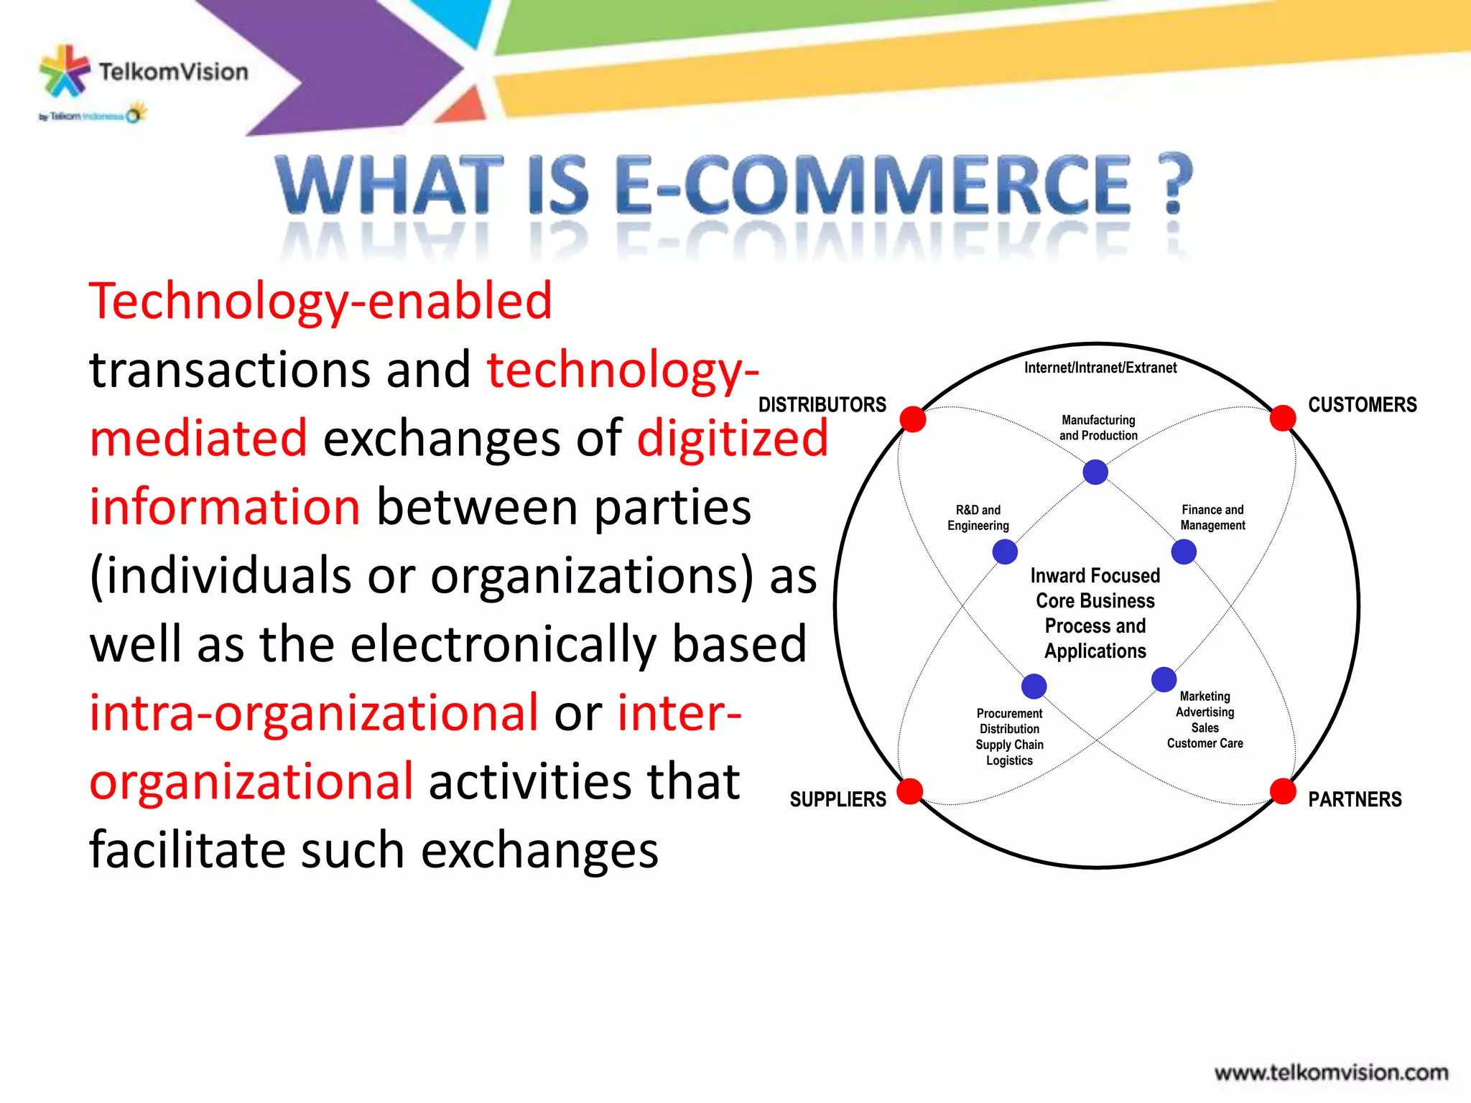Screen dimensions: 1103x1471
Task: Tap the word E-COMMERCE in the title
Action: pyautogui.click(x=873, y=185)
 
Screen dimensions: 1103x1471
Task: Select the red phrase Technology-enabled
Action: pyautogui.click(x=320, y=301)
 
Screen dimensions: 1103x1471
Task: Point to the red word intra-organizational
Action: pyautogui.click(x=314, y=712)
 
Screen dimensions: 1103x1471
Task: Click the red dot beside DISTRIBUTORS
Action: pyautogui.click(x=913, y=419)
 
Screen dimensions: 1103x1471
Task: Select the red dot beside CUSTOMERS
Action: pyautogui.click(x=1283, y=417)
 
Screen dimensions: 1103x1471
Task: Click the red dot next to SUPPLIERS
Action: pyautogui.click(x=910, y=791)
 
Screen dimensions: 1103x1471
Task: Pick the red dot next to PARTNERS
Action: pyautogui.click(x=1283, y=791)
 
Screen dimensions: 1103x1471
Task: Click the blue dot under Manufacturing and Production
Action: pyautogui.click(x=1095, y=472)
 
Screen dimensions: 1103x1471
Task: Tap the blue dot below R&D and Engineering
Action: pyautogui.click(x=1005, y=551)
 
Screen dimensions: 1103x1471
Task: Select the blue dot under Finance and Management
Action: pyautogui.click(x=1184, y=551)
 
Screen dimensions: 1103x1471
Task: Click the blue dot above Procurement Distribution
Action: pyautogui.click(x=1034, y=686)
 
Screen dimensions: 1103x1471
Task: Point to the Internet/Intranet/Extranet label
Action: pyautogui.click(x=1100, y=368)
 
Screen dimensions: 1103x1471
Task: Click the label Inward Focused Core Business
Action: pyautogui.click(x=1095, y=588)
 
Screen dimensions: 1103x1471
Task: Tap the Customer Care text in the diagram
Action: pyautogui.click(x=1205, y=743)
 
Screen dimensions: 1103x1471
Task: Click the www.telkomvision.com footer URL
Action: pyautogui.click(x=1331, y=1073)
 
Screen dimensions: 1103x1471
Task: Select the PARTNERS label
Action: pyautogui.click(x=1354, y=799)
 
